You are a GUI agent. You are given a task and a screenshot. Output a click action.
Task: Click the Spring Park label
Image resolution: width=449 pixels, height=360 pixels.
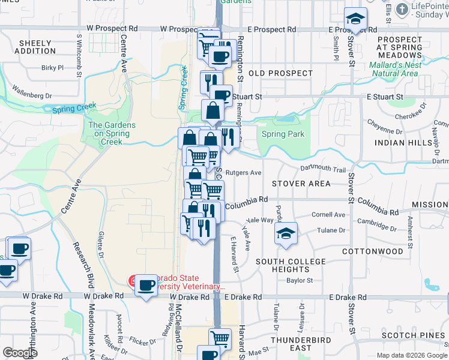tap(283, 134)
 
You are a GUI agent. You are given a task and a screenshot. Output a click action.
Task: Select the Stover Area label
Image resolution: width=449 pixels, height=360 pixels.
tap(301, 184)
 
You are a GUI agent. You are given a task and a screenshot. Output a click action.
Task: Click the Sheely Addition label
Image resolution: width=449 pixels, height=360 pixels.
tap(38, 47)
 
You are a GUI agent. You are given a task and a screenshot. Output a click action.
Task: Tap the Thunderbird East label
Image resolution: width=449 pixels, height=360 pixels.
tap(300, 344)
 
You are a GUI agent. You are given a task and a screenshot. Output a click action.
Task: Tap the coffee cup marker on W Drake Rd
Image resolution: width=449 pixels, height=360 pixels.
tap(146, 285)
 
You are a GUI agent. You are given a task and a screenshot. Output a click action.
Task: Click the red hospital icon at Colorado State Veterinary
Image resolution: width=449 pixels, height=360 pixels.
tap(134, 280)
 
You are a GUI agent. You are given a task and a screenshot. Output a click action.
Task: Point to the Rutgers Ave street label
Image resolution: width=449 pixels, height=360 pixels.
tap(243, 173)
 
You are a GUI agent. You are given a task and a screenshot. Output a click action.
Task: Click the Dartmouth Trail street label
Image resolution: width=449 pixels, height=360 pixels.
tap(323, 170)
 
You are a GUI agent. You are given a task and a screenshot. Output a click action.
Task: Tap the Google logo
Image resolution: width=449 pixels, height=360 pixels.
tap(20, 353)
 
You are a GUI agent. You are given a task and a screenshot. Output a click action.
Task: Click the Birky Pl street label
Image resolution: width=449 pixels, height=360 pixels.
tap(52, 68)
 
